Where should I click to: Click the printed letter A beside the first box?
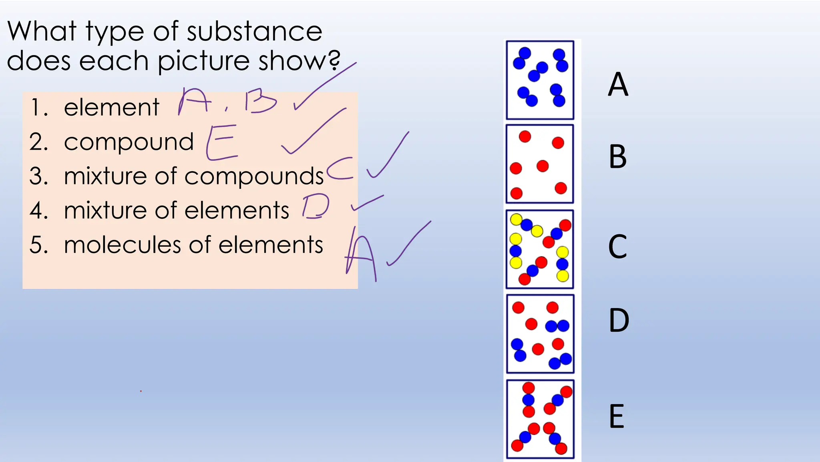pyautogui.click(x=618, y=84)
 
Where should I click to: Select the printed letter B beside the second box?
pyautogui.click(x=617, y=156)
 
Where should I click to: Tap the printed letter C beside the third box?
pyautogui.click(x=617, y=246)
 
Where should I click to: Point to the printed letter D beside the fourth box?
pyautogui.click(x=619, y=320)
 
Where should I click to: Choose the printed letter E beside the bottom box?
pyautogui.click(x=617, y=416)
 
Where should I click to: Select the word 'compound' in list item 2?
pyautogui.click(x=129, y=142)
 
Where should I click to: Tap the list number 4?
pyautogui.click(x=38, y=210)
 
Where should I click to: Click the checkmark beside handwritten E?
pyautogui.click(x=312, y=132)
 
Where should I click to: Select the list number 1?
pyautogui.click(x=38, y=108)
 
